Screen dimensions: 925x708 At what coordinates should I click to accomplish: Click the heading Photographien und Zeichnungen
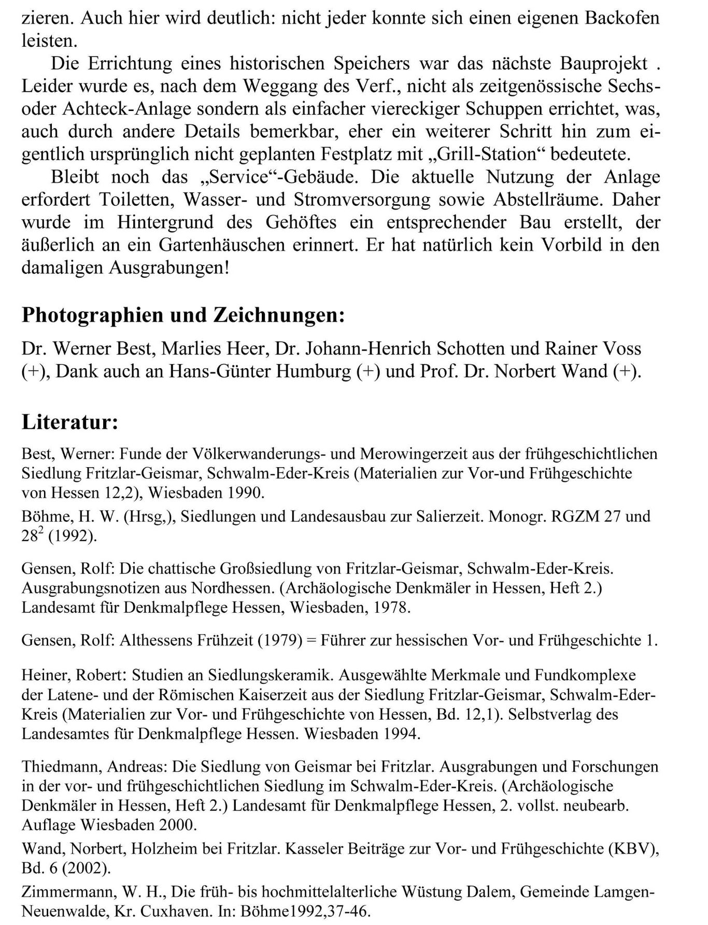(183, 315)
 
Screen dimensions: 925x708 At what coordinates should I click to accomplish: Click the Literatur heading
(70, 422)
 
